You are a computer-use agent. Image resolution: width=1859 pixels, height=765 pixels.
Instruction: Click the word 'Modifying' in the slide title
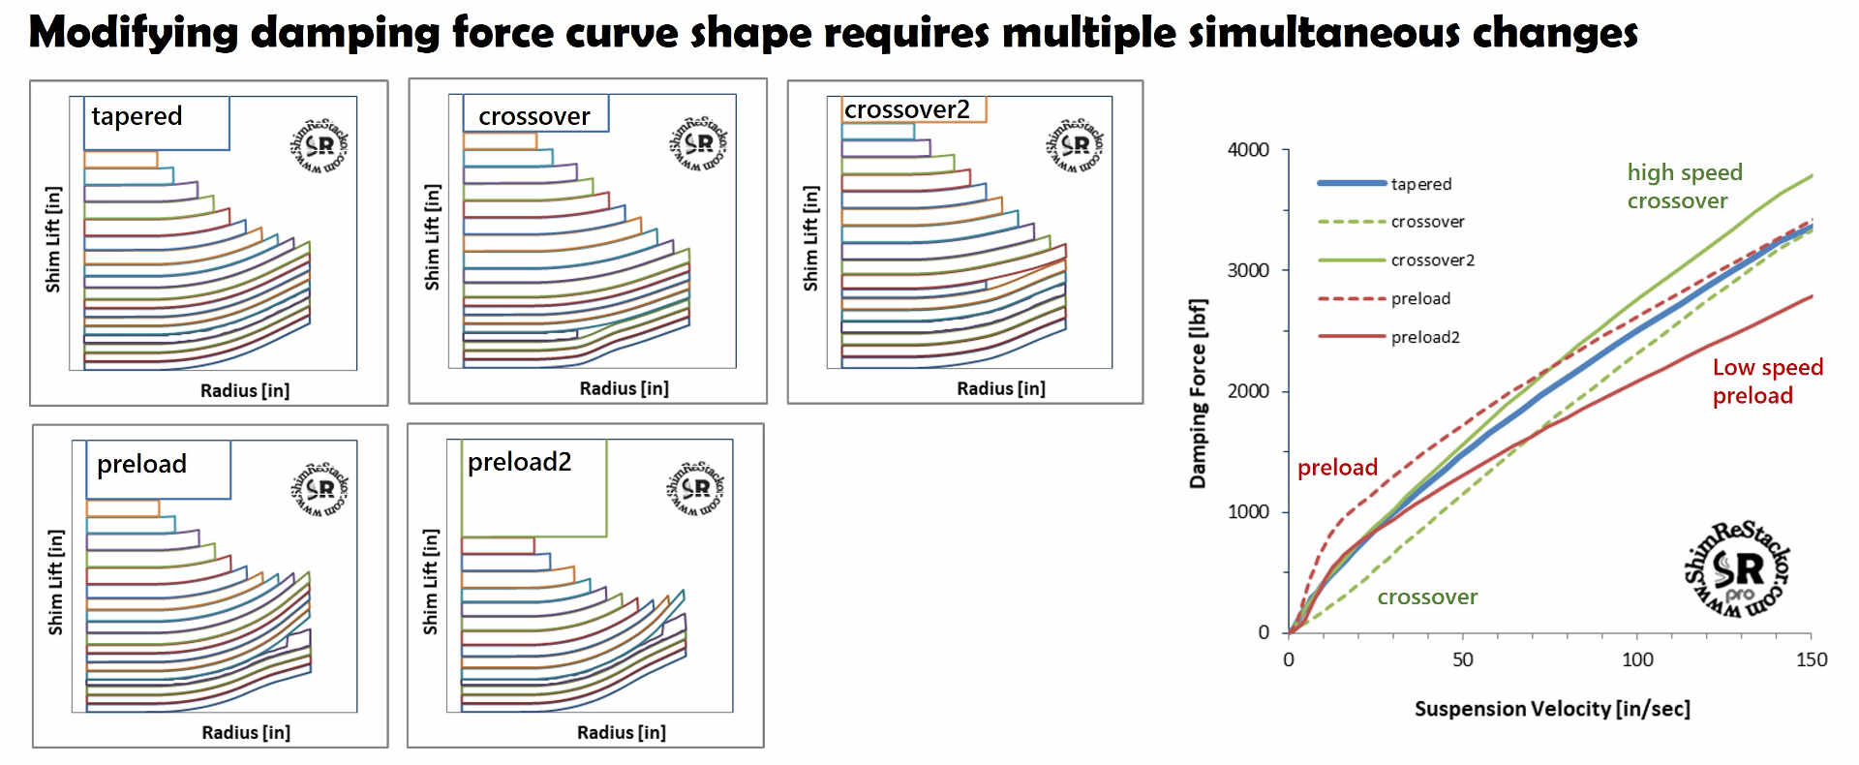pyautogui.click(x=134, y=33)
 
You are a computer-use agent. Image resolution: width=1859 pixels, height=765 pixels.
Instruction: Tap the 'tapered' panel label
pyautogui.click(x=137, y=116)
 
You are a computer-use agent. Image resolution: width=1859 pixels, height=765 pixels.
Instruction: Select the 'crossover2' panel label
pyautogui.click(x=906, y=109)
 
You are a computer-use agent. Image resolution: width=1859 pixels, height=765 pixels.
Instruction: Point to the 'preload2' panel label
pyautogui.click(x=519, y=462)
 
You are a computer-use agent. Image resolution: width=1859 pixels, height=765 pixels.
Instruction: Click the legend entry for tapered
pyautogui.click(x=1420, y=184)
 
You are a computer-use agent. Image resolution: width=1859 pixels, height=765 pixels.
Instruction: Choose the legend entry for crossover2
pyautogui.click(x=1432, y=260)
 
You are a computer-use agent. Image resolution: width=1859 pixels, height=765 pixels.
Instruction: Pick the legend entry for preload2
pyautogui.click(x=1424, y=337)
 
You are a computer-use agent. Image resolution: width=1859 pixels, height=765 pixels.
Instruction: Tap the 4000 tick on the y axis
pyautogui.click(x=1248, y=150)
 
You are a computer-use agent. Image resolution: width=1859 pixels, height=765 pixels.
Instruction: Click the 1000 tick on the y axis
pyautogui.click(x=1248, y=512)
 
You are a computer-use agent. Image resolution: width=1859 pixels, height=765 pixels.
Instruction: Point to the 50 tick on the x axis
pyautogui.click(x=1462, y=660)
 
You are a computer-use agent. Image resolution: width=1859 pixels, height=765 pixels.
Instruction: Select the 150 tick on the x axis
pyautogui.click(x=1812, y=660)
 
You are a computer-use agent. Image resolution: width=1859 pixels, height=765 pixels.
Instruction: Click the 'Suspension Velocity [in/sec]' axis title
pyautogui.click(x=1552, y=709)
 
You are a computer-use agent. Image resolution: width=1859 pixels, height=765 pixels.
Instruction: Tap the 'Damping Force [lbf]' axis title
pyautogui.click(x=1198, y=393)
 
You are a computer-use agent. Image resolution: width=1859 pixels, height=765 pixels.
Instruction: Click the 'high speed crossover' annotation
pyautogui.click(x=1684, y=187)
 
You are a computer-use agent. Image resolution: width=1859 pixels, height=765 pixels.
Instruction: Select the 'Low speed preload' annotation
pyautogui.click(x=1767, y=382)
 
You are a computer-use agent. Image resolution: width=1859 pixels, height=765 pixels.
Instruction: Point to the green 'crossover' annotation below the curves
pyautogui.click(x=1427, y=597)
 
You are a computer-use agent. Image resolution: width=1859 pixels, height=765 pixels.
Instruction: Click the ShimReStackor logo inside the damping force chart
pyautogui.click(x=1738, y=570)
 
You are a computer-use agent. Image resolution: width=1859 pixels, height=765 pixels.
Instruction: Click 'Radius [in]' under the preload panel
pyautogui.click(x=246, y=733)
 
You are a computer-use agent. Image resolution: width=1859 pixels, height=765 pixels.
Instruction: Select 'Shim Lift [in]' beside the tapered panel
pyautogui.click(x=53, y=239)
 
